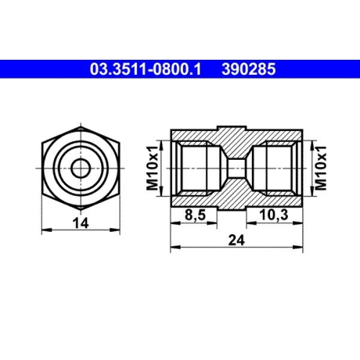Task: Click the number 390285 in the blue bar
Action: [250, 70]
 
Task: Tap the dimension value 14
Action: [81, 223]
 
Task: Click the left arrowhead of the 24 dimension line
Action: [173, 248]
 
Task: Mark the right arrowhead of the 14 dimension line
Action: [116, 230]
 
